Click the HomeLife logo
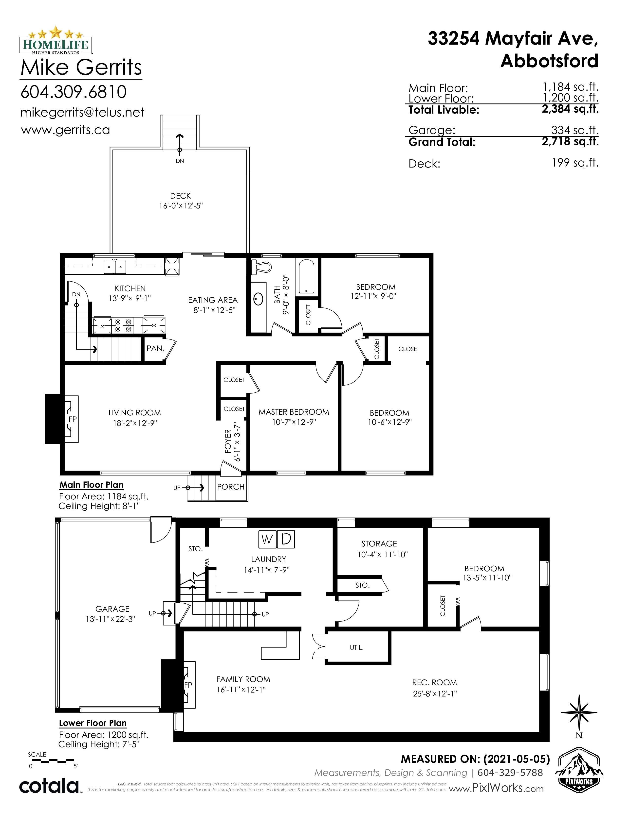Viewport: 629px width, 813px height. click(55, 40)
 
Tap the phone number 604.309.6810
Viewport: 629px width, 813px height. click(74, 92)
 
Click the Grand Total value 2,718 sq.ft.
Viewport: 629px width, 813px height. click(570, 141)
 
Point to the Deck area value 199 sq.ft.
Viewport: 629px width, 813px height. click(575, 163)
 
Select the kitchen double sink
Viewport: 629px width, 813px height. click(115, 267)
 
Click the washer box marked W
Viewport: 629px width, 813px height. click(267, 539)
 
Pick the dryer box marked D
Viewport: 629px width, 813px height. click(286, 539)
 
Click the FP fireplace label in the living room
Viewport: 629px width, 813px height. click(73, 419)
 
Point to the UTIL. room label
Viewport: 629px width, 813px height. click(357, 648)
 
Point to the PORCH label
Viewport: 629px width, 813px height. click(231, 487)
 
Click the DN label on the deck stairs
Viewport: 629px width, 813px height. click(180, 161)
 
